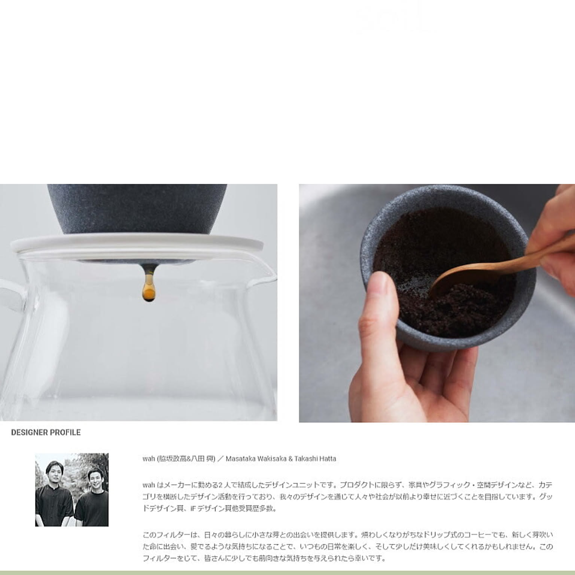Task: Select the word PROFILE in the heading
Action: point(66,432)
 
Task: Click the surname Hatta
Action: point(327,459)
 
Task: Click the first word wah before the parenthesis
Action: point(149,459)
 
